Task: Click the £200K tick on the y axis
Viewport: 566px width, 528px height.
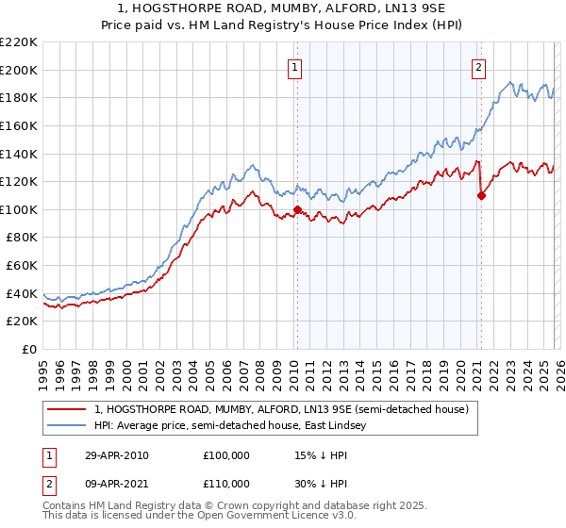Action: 19,70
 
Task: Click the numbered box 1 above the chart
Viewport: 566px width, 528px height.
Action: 296,67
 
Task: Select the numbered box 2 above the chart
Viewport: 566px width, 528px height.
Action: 479,67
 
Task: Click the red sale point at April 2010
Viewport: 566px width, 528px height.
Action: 297,209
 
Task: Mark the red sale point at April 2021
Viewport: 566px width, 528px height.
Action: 481,196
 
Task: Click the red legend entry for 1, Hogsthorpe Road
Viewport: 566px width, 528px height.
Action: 288,409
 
